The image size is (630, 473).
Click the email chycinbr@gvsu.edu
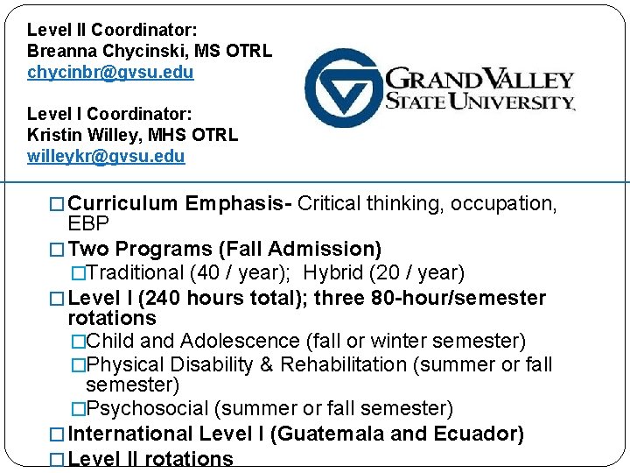point(110,73)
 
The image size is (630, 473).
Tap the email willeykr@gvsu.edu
point(106,157)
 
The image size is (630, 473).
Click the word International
point(130,434)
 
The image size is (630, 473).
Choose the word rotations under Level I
point(111,319)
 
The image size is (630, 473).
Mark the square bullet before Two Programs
point(58,251)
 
